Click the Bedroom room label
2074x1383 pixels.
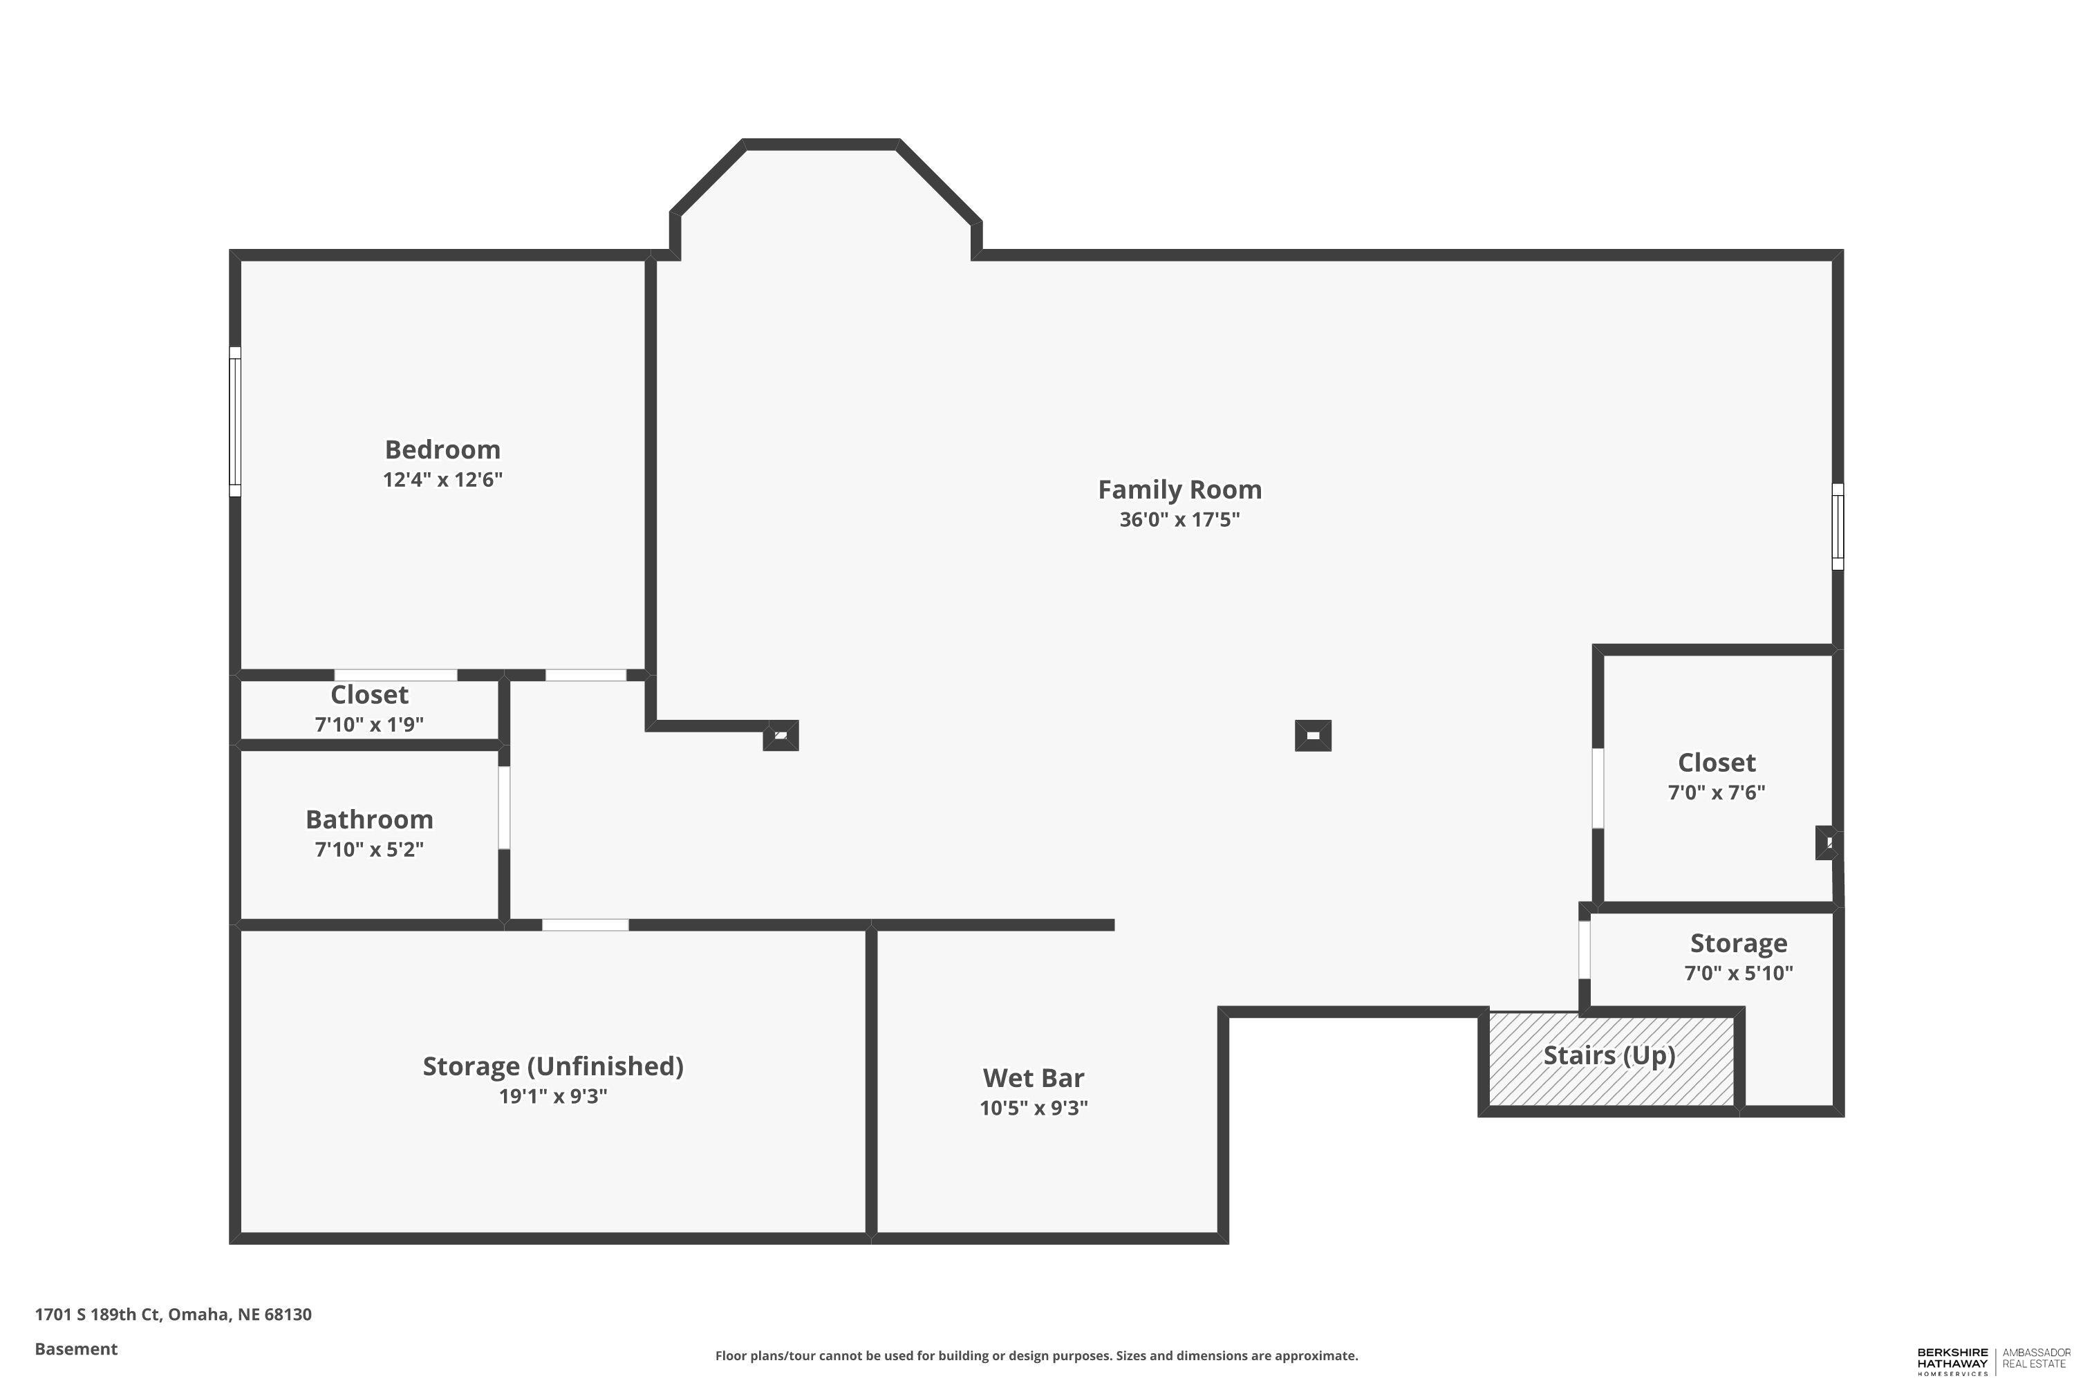click(x=442, y=450)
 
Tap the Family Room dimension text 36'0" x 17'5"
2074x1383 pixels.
click(x=1180, y=519)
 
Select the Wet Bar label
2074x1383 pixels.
click(x=1034, y=1078)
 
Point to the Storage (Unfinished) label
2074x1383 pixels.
click(x=553, y=1066)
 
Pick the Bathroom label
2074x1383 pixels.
click(x=369, y=819)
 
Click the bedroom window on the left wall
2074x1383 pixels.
click(x=236, y=422)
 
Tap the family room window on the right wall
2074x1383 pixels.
click(x=1838, y=526)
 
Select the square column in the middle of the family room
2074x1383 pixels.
click(x=1313, y=736)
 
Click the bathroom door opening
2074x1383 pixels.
click(x=505, y=808)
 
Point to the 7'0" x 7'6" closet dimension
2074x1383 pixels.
click(x=1716, y=792)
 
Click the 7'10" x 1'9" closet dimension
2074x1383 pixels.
click(x=369, y=724)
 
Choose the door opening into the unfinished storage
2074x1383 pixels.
click(x=586, y=925)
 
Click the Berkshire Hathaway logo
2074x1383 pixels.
click(x=1994, y=1362)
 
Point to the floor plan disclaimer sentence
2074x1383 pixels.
click(x=1037, y=1355)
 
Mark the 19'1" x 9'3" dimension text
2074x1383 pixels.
click(x=553, y=1096)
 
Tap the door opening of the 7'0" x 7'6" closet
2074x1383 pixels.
click(x=1598, y=788)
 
